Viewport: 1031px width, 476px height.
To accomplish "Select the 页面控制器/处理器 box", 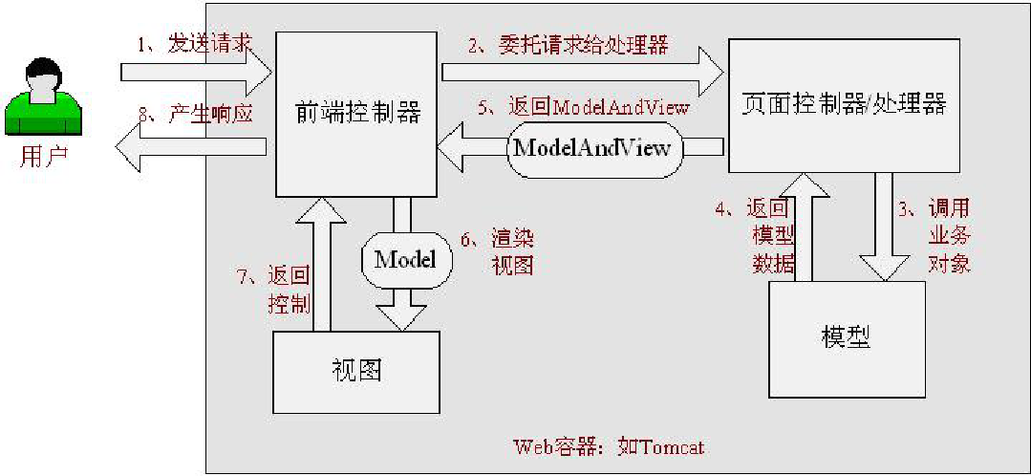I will [844, 104].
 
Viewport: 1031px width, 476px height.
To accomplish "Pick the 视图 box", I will [356, 371].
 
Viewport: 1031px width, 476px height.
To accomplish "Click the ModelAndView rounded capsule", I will [599, 148].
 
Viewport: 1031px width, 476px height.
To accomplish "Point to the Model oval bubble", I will [405, 259].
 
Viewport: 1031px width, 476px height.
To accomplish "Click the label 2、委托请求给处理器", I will [568, 44].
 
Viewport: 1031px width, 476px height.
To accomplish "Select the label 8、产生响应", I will [195, 115].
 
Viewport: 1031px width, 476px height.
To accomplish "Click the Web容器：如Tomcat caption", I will [609, 446].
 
